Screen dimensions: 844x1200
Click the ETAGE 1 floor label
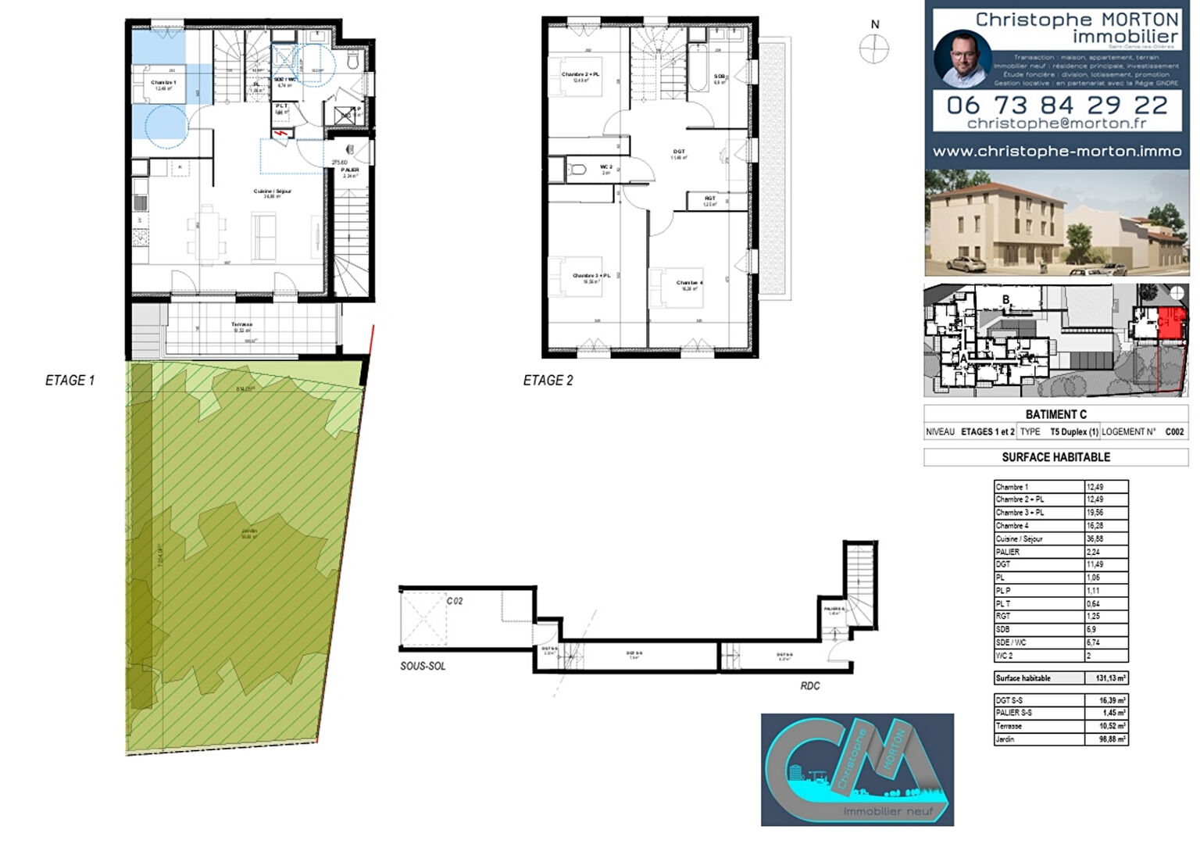pyautogui.click(x=70, y=381)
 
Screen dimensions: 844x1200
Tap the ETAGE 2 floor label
pyautogui.click(x=548, y=381)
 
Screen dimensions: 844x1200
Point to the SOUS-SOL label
pyautogui.click(x=423, y=666)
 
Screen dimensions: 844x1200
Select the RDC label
pyautogui.click(x=810, y=685)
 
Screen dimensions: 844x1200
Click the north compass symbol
pyautogui.click(x=874, y=49)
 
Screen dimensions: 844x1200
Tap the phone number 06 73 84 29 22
pyautogui.click(x=1056, y=105)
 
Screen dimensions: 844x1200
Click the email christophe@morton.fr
pyautogui.click(x=1056, y=123)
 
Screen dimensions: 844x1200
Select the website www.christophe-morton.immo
pyautogui.click(x=1056, y=152)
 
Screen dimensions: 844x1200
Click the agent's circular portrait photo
pyautogui.click(x=962, y=59)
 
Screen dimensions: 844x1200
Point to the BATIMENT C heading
pyautogui.click(x=1055, y=414)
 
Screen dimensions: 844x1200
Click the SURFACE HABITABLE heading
pyautogui.click(x=1055, y=457)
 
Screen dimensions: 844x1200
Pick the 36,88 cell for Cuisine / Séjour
pyautogui.click(x=1106, y=538)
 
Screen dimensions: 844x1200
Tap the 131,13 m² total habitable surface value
pyautogui.click(x=1106, y=678)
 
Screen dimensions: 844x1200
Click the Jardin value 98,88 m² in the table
pyautogui.click(x=1106, y=738)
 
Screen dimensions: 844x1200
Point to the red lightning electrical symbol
pyautogui.click(x=280, y=135)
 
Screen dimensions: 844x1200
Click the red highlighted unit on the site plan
pyautogui.click(x=1168, y=323)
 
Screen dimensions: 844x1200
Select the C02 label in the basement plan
pyautogui.click(x=455, y=601)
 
